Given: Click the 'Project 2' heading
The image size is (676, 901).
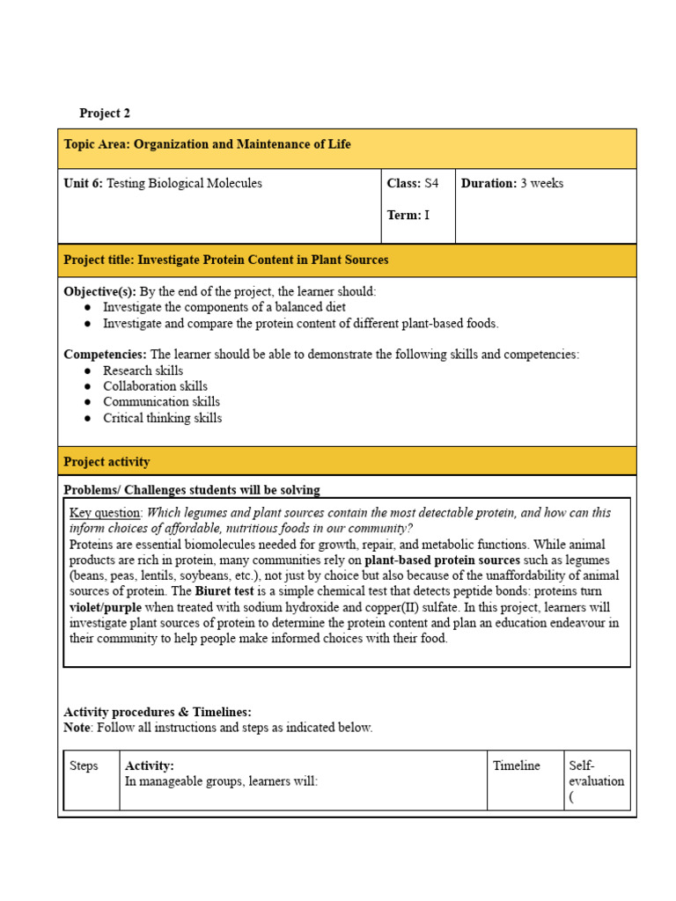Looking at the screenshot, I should tap(105, 114).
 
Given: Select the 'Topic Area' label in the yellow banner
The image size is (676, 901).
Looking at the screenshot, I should tap(96, 144).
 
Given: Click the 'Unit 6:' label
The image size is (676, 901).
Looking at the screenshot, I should tap(84, 183).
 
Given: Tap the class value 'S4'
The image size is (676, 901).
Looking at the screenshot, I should tap(431, 183).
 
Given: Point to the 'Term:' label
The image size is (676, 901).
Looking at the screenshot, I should tap(404, 215).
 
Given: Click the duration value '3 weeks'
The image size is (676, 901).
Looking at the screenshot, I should tap(542, 183).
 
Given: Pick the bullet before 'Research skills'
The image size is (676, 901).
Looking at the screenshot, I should tap(88, 371).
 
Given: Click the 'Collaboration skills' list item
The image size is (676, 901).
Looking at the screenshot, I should tap(155, 386).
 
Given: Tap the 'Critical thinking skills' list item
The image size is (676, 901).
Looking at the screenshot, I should tap(162, 418).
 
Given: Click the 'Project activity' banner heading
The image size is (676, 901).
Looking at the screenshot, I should tap(107, 462).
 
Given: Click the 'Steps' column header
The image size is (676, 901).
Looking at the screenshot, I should tap(84, 765).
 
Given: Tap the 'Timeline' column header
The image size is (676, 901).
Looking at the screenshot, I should tap(517, 765).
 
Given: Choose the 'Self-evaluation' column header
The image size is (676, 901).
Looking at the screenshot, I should tap(596, 773).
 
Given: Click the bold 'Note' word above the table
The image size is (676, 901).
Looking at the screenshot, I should tap(77, 728).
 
